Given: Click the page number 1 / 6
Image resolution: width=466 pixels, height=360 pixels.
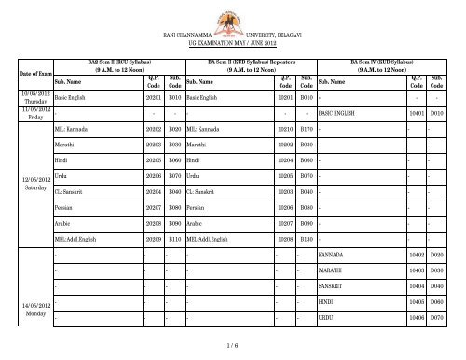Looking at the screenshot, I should coord(233,348).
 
